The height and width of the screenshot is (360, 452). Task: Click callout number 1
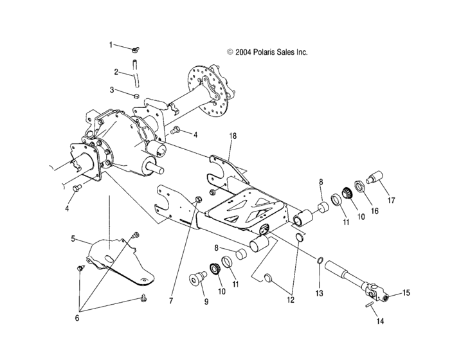click(x=111, y=45)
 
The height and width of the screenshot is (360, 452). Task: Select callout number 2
click(x=116, y=71)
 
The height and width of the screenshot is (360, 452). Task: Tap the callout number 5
click(x=73, y=239)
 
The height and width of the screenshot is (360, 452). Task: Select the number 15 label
click(x=406, y=293)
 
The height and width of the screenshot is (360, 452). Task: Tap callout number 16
click(x=374, y=210)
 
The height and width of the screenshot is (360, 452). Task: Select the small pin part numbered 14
click(x=367, y=305)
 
